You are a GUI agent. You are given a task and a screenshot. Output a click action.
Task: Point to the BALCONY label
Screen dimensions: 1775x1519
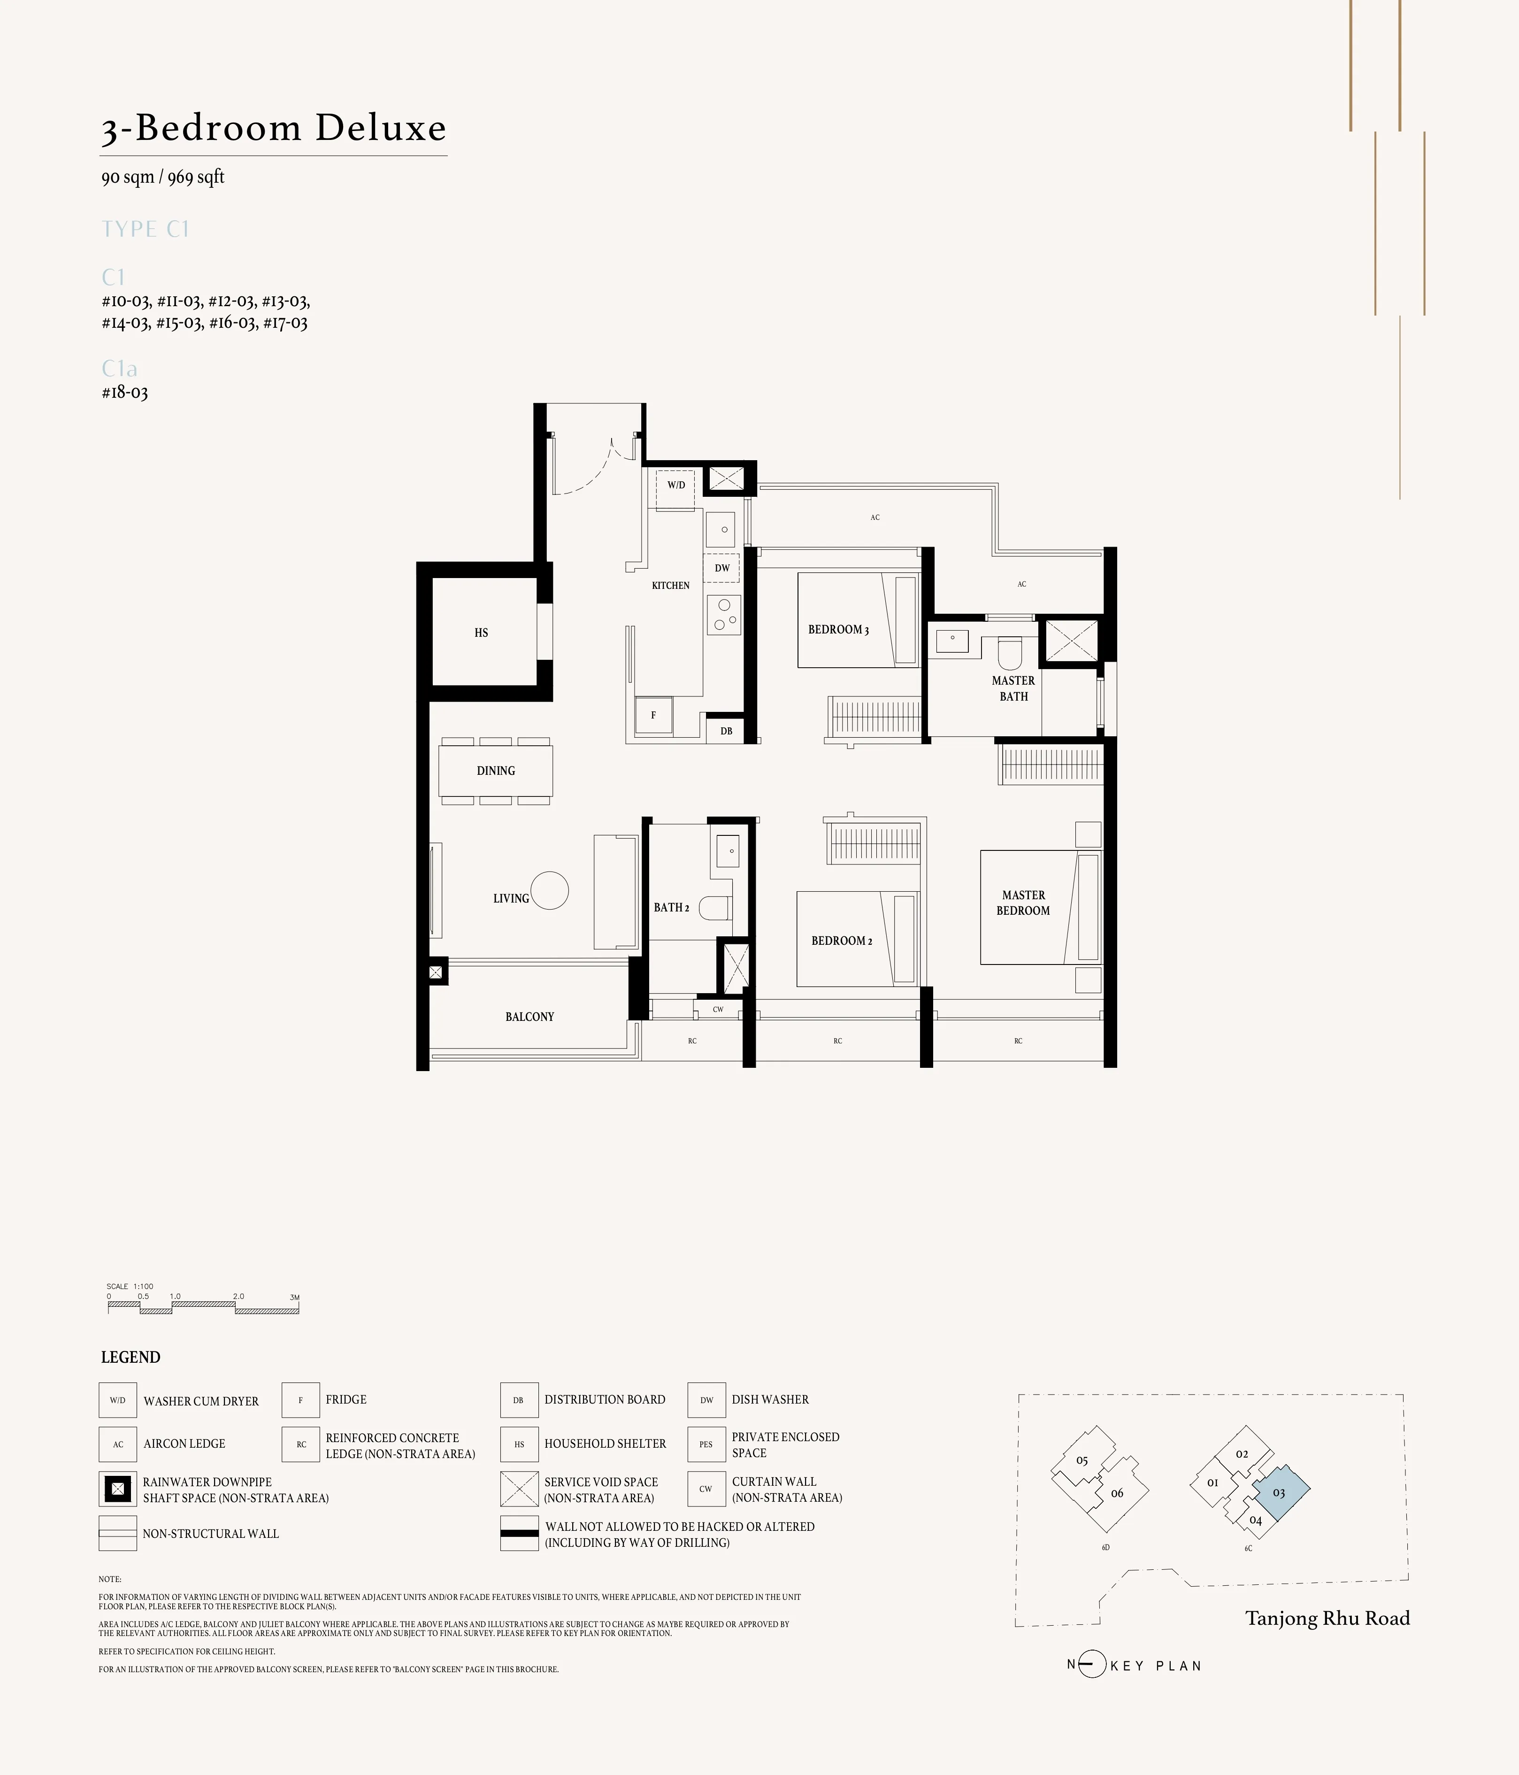point(529,1017)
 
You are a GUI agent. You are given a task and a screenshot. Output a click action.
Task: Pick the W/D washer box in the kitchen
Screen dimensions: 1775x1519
point(675,486)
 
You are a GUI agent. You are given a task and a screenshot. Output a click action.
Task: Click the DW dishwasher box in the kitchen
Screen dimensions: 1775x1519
point(722,568)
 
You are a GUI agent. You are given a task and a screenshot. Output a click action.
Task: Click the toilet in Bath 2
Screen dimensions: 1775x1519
point(715,907)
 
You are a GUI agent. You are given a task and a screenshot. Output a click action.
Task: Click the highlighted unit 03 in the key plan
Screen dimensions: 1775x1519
point(1278,1492)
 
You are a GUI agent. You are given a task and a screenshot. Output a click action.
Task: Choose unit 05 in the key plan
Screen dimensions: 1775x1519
point(1082,1460)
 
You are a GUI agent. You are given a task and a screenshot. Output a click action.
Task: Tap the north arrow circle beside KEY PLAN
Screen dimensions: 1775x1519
point(1091,1665)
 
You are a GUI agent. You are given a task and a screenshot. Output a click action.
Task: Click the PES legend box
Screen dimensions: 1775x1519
point(706,1443)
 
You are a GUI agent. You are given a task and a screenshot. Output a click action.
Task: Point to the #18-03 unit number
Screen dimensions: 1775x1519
point(125,393)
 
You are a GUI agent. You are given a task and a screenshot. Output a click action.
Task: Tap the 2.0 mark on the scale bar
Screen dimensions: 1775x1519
point(238,1296)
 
